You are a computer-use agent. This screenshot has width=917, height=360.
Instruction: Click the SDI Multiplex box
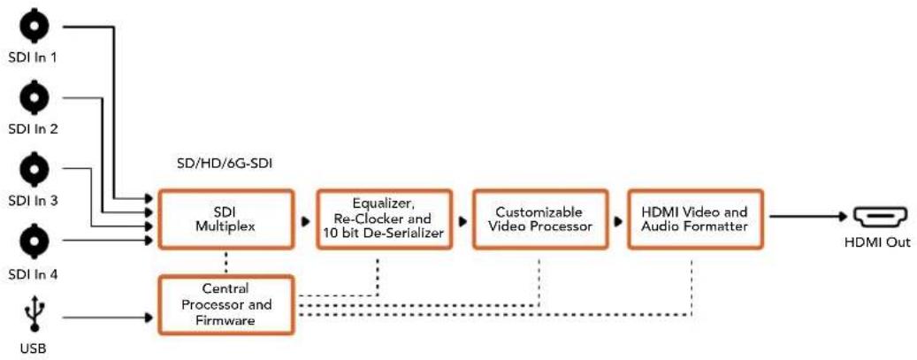click(x=225, y=218)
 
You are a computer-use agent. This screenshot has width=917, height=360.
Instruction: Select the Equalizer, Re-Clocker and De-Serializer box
click(x=385, y=218)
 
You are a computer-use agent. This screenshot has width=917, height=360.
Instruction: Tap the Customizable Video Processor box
click(x=539, y=218)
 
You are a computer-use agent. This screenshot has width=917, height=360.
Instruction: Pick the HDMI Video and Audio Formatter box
click(x=694, y=218)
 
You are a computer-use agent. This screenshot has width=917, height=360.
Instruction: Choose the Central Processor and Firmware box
click(x=226, y=304)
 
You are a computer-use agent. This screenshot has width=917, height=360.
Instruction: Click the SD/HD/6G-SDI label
click(x=225, y=165)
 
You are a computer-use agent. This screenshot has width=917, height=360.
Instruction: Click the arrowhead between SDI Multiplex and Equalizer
click(x=305, y=222)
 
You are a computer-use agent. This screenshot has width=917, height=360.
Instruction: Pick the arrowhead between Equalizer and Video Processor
click(x=463, y=222)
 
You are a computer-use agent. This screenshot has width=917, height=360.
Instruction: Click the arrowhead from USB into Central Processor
click(x=149, y=318)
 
